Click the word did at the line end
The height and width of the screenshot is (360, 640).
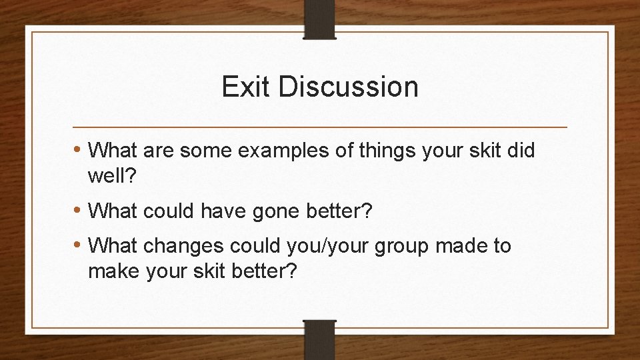tap(520, 151)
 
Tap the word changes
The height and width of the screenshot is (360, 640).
tap(183, 246)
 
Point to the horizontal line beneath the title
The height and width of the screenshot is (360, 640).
tap(319, 127)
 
